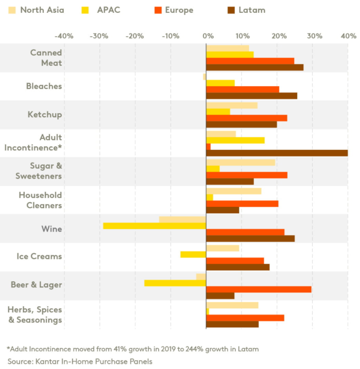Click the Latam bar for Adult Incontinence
click(x=277, y=153)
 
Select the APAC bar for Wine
click(x=154, y=226)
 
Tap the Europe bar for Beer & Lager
click(x=259, y=289)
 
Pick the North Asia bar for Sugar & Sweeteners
click(x=241, y=162)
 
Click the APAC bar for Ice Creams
click(x=193, y=254)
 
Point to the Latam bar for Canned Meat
click(x=255, y=67)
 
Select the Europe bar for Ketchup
click(x=246, y=118)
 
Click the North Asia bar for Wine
click(x=183, y=220)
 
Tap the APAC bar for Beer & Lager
click(x=175, y=283)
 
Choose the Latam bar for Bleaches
click(x=252, y=95)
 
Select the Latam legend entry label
click(x=253, y=10)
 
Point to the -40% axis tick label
click(x=64, y=36)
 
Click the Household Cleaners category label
click(x=40, y=200)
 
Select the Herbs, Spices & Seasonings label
click(x=35, y=315)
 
